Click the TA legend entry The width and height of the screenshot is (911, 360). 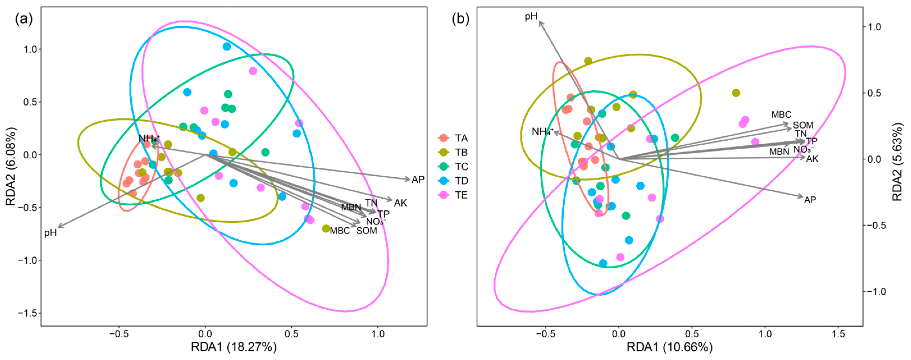[x=453, y=138]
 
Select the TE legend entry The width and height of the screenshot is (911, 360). [x=453, y=195]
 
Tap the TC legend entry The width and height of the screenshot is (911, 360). [x=453, y=167]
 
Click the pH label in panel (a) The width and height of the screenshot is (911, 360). [x=50, y=233]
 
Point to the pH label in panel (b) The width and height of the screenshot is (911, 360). [x=531, y=16]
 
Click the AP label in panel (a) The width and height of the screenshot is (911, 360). [x=418, y=180]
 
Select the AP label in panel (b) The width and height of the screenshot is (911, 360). [x=810, y=200]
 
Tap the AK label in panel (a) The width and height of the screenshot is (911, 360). [x=401, y=203]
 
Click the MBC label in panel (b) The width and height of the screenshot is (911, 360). [x=781, y=114]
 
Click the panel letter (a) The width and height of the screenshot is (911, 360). [x=24, y=19]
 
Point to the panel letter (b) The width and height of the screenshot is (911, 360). [x=461, y=19]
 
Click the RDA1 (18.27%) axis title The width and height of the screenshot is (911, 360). [x=234, y=347]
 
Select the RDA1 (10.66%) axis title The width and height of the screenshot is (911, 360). [x=670, y=347]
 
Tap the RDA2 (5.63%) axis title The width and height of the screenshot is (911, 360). [x=898, y=162]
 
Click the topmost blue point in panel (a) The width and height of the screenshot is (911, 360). [x=227, y=46]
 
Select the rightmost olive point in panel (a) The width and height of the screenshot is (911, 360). [x=326, y=228]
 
